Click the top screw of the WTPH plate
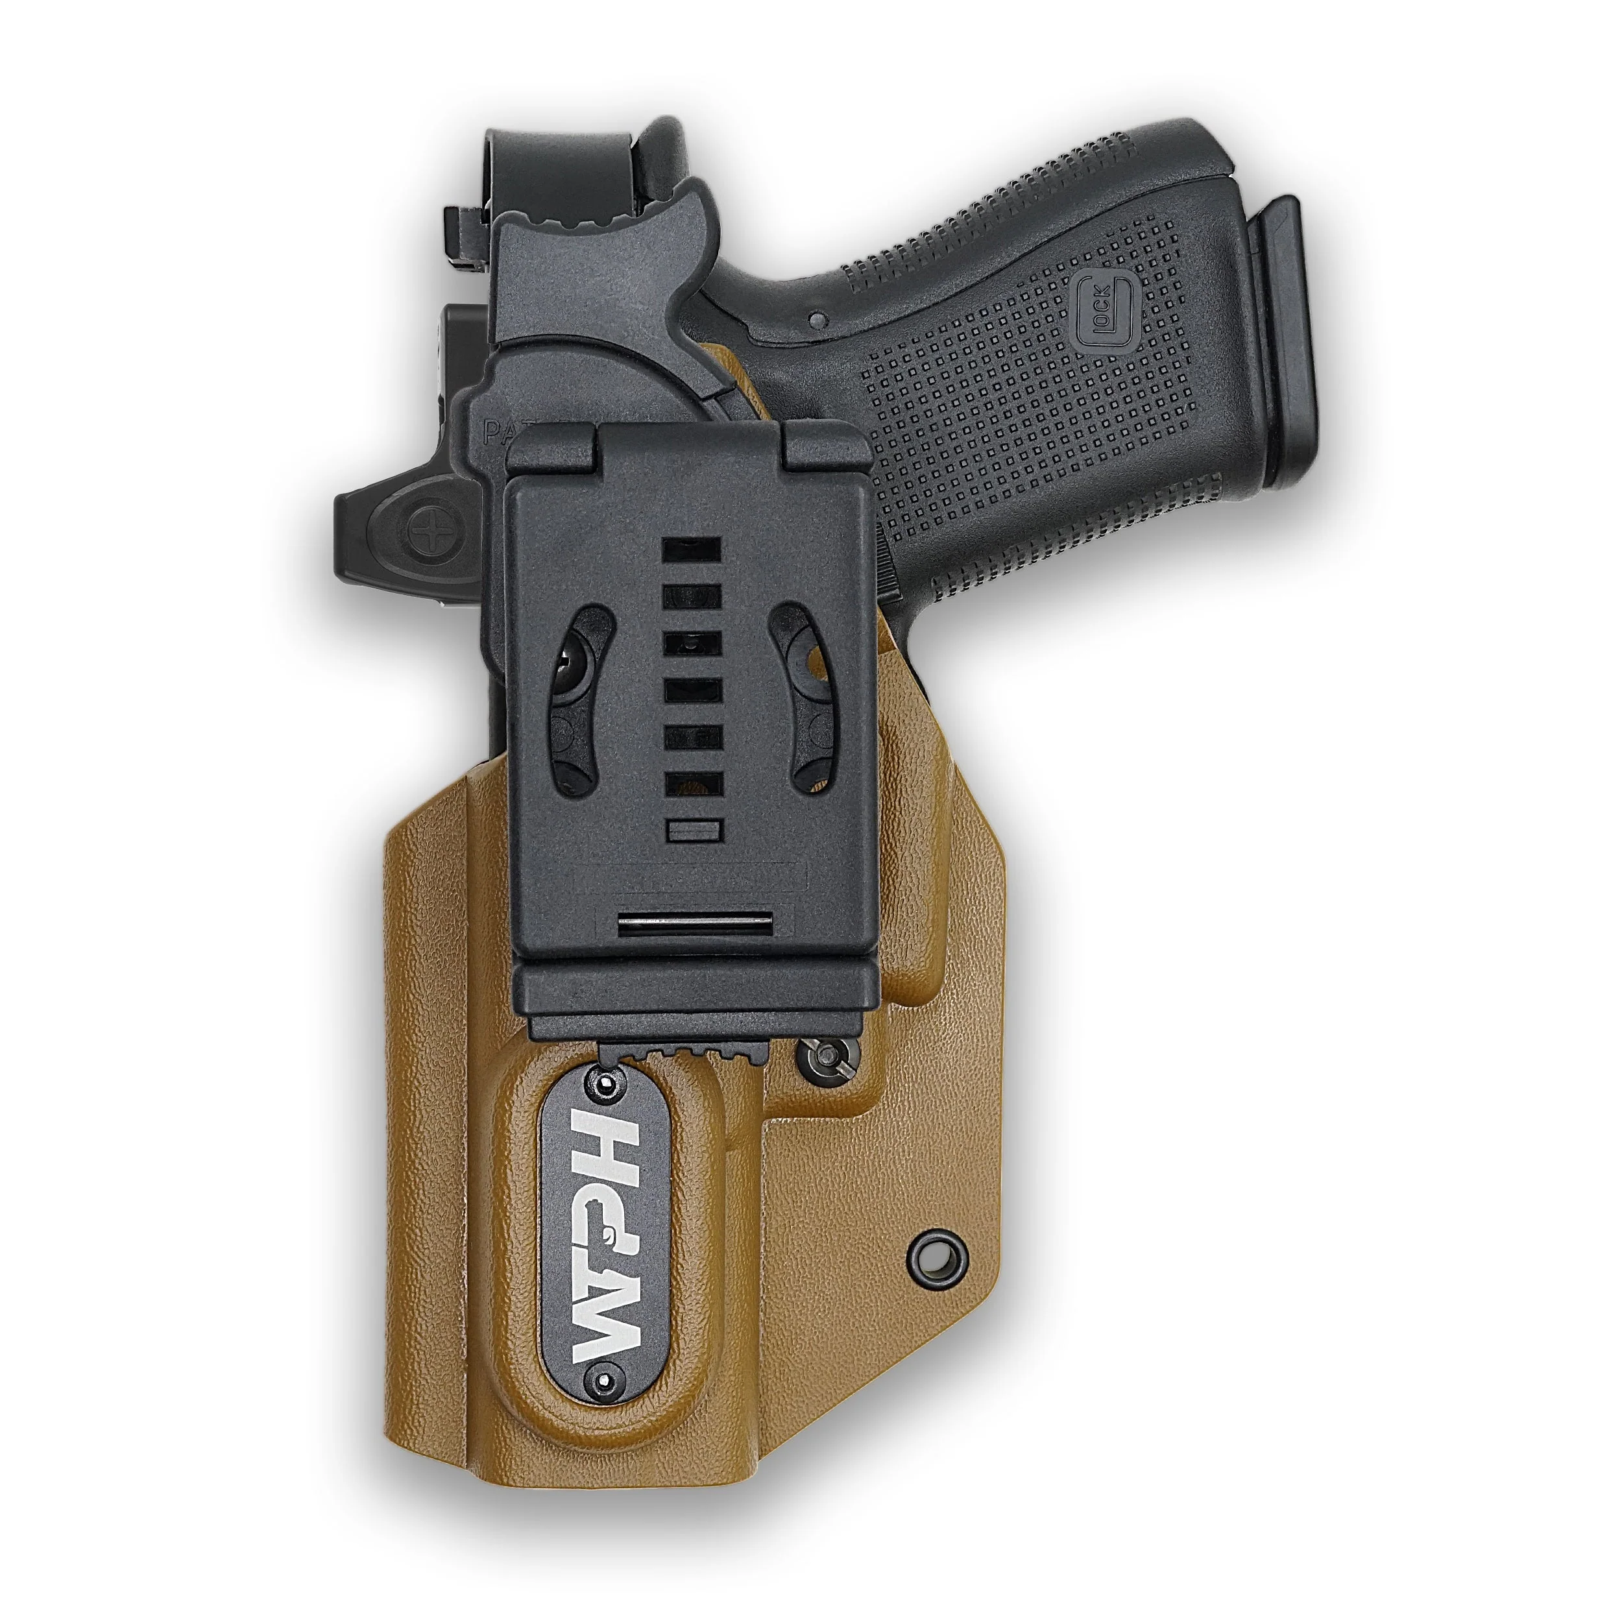coord(605,1087)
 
